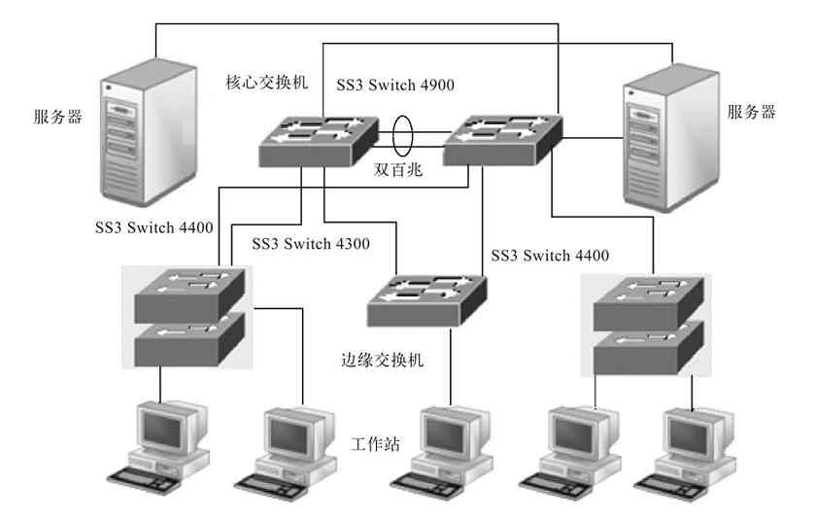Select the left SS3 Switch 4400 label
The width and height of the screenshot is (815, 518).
[153, 227]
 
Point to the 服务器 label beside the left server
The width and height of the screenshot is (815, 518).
[56, 118]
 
